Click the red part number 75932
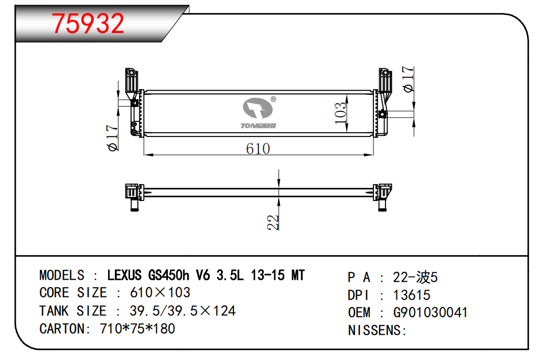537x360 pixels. tap(88, 23)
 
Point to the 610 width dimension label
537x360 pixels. tap(258, 149)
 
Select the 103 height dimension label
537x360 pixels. tap(340, 113)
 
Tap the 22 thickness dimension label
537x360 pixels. tap(273, 223)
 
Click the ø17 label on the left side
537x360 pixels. tap(113, 138)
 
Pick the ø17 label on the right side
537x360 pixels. tap(408, 80)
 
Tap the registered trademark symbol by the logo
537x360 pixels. tap(273, 99)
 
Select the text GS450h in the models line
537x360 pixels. tap(168, 276)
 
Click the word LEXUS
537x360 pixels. tap(124, 276)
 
